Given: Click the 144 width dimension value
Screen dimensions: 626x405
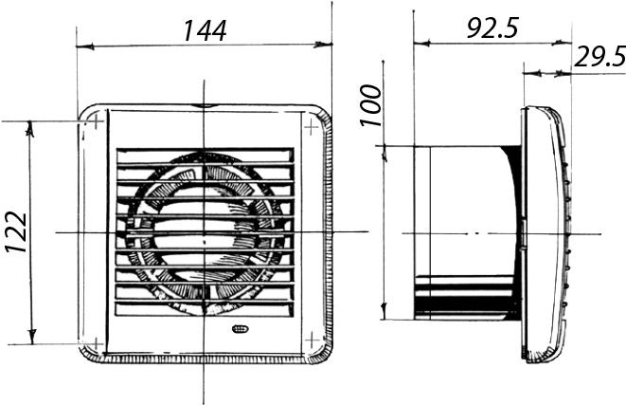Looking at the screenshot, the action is pyautogui.click(x=205, y=30).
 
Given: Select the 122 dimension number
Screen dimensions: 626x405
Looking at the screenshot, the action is pyautogui.click(x=17, y=231).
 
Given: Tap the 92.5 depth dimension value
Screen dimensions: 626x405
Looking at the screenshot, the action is pyautogui.click(x=492, y=28).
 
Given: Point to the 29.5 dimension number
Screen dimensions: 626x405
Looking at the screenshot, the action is pyautogui.click(x=599, y=57).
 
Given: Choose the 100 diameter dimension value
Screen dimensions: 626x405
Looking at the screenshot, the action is pyautogui.click(x=371, y=105).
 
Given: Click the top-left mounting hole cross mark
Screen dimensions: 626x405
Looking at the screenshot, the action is pyautogui.click(x=97, y=120).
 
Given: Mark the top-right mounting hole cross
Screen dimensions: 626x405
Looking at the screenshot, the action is pyautogui.click(x=311, y=127).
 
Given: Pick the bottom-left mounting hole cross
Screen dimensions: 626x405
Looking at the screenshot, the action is pyautogui.click(x=97, y=344).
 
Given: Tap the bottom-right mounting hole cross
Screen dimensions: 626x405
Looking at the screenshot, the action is pyautogui.click(x=313, y=341).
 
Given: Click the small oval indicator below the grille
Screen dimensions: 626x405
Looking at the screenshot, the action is pyautogui.click(x=240, y=329).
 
